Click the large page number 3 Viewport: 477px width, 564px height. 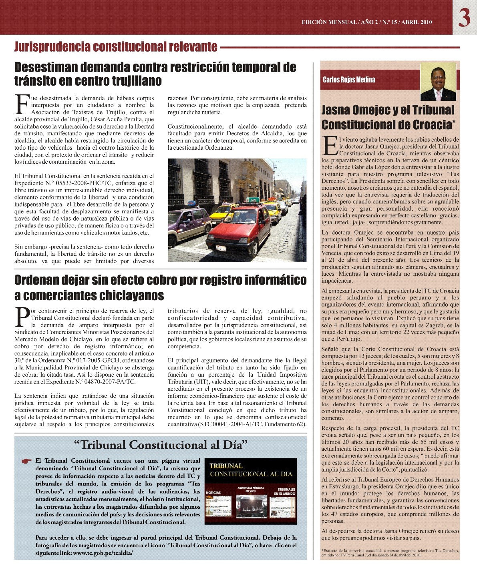464,18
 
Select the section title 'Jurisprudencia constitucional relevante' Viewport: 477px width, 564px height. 116,47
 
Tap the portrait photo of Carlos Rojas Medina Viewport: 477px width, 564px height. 438,82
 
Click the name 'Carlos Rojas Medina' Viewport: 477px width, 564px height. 349,80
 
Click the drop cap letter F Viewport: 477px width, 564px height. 22,104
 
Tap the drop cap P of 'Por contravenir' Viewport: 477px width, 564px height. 22,317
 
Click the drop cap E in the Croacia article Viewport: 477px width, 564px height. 330,146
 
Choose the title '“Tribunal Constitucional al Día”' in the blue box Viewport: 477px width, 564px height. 161,445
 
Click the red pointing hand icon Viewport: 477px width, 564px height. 27,461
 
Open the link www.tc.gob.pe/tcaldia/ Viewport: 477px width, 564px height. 103,553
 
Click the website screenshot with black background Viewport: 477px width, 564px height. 251,491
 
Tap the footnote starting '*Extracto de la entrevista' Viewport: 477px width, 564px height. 390,553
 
